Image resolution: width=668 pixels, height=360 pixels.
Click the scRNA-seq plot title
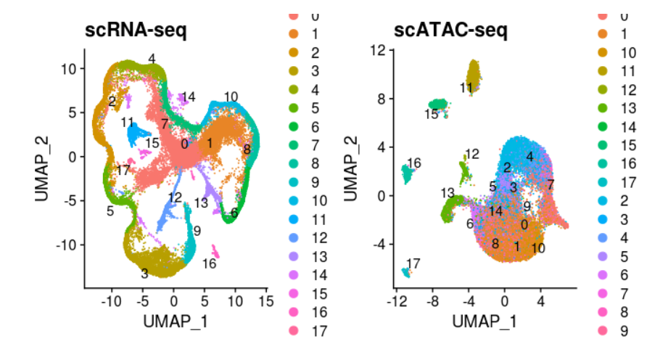(136, 31)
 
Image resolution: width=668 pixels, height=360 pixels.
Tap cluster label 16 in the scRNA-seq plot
(210, 263)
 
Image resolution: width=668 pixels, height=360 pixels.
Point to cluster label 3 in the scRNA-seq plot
(145, 274)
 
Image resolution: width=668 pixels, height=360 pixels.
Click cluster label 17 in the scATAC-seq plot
(413, 263)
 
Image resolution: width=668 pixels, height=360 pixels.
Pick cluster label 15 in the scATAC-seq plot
(432, 114)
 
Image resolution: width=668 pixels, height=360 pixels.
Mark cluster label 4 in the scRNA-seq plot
(152, 59)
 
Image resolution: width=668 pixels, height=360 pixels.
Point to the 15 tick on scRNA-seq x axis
(265, 300)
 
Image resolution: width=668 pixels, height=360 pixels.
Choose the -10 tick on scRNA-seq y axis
(67, 245)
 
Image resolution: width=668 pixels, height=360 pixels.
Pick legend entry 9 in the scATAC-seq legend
(625, 332)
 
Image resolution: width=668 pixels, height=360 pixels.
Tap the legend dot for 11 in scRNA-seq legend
(294, 220)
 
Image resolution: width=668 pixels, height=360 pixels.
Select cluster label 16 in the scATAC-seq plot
(414, 163)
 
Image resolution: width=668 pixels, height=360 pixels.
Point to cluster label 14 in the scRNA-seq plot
(189, 97)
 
